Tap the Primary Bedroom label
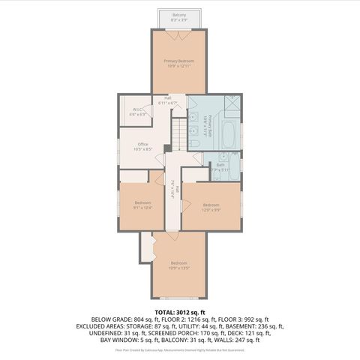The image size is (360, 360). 179,62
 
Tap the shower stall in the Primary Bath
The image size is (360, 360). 234,106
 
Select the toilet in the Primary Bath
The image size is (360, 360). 196,104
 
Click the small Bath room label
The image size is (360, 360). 220,167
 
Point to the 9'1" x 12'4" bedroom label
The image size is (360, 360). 143,204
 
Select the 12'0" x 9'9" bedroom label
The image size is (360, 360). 211,206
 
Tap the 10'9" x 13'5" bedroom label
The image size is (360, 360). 178,264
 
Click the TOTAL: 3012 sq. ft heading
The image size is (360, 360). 179,310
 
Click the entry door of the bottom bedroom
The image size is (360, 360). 172,235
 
